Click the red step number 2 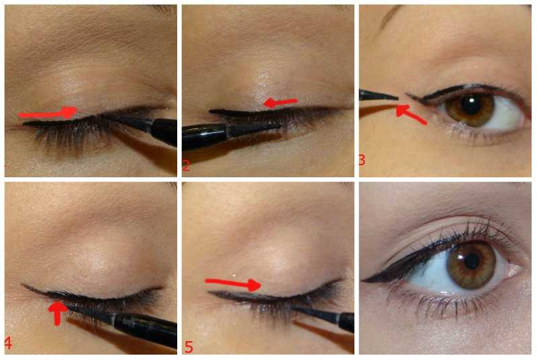[x=186, y=166]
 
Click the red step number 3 [x=362, y=160]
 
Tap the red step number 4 [x=8, y=343]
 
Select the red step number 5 [x=189, y=347]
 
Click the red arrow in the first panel [x=47, y=113]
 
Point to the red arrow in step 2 [x=280, y=102]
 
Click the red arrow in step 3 [x=410, y=114]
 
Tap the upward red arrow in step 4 [x=58, y=312]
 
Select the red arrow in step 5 [x=233, y=283]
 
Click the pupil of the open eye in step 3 [x=471, y=105]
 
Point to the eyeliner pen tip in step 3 [x=397, y=98]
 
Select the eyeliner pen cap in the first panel [x=164, y=132]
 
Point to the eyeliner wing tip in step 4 [x=23, y=284]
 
